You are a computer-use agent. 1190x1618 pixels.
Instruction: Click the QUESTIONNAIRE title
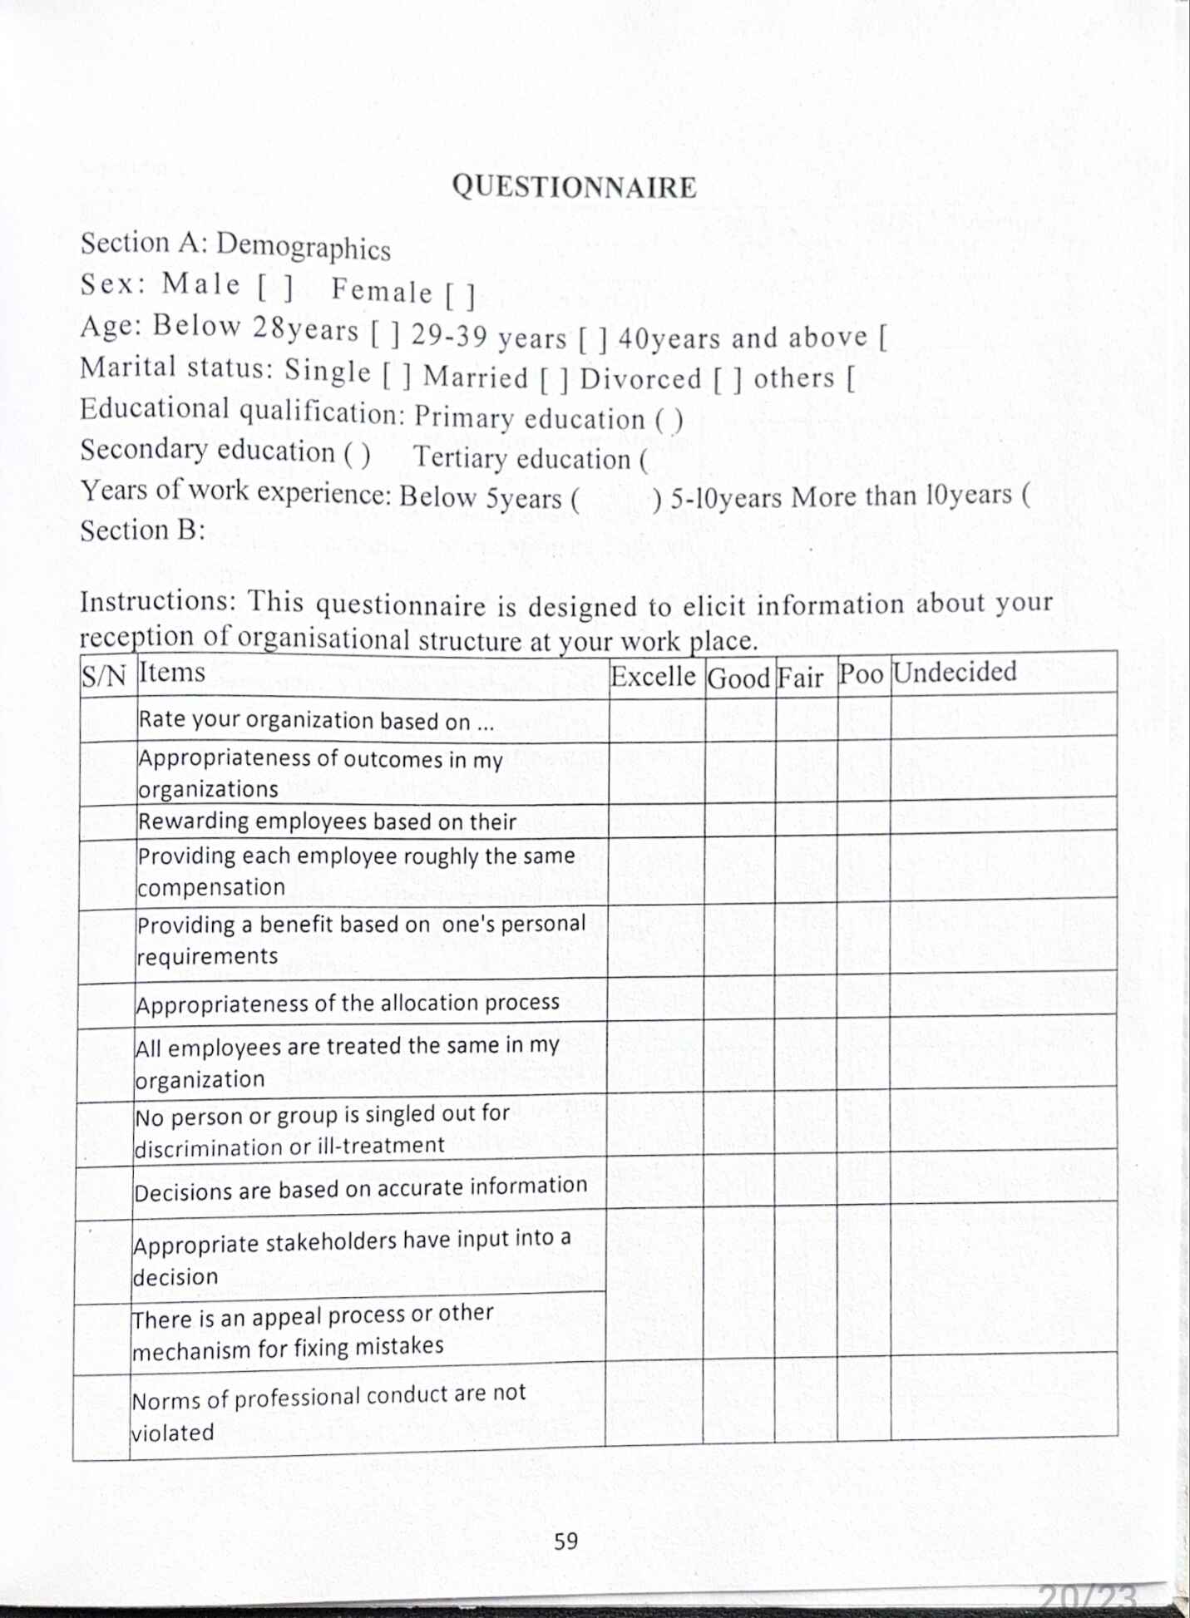(x=574, y=186)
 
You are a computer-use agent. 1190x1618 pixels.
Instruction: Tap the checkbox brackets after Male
(x=275, y=287)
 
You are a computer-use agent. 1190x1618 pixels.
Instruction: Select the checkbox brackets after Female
(x=460, y=295)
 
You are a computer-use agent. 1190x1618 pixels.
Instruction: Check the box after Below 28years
(x=385, y=334)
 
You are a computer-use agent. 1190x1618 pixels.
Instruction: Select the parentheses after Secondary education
(x=357, y=453)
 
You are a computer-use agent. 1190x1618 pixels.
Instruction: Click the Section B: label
(x=142, y=530)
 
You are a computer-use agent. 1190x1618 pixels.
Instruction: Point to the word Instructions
(x=155, y=601)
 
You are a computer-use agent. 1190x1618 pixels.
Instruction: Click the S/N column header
(x=104, y=676)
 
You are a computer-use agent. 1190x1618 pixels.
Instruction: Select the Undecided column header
(x=954, y=672)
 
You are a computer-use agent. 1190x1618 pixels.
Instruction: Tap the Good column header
(x=738, y=678)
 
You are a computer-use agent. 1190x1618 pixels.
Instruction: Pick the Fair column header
(x=800, y=678)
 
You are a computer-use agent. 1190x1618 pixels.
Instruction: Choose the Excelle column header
(x=653, y=676)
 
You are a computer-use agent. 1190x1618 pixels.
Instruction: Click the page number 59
(x=565, y=1541)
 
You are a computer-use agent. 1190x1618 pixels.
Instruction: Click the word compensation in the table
(x=211, y=887)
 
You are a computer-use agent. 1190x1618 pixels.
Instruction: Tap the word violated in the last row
(x=173, y=1433)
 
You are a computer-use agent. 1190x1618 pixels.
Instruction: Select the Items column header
(x=171, y=672)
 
